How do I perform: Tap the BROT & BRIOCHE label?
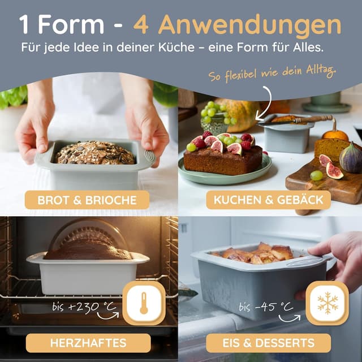click(87, 200)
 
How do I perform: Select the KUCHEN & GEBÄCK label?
click(269, 200)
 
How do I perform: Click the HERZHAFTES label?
click(88, 343)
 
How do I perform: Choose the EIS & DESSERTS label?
click(269, 343)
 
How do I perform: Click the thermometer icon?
click(144, 303)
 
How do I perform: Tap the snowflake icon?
click(327, 303)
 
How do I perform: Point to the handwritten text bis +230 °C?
click(84, 307)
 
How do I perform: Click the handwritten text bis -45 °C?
click(266, 307)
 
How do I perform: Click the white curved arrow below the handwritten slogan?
click(265, 104)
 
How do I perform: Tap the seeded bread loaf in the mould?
click(95, 153)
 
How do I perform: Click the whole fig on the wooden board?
click(351, 158)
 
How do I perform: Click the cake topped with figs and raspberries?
click(223, 154)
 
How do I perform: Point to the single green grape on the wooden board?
click(316, 175)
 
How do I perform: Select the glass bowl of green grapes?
click(215, 118)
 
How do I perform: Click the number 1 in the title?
click(24, 24)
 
